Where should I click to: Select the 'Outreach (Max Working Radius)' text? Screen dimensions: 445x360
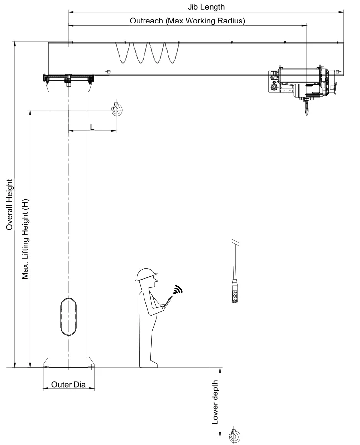pos(187,21)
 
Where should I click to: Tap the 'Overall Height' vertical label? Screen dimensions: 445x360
pos(9,204)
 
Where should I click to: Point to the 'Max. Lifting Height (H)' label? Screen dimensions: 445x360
pos(25,238)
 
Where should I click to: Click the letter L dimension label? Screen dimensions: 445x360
pos(92,127)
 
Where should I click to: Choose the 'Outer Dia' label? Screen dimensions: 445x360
pos(69,385)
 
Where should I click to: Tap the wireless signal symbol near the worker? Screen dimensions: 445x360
pos(177,290)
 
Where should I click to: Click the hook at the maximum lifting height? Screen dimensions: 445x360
pos(116,110)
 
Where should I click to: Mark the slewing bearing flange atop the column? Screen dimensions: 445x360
pos(69,78)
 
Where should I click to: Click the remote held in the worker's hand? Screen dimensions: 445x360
pos(168,302)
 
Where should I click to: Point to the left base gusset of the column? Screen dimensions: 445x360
pos(46,362)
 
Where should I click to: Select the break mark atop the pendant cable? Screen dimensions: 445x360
pos(236,241)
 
